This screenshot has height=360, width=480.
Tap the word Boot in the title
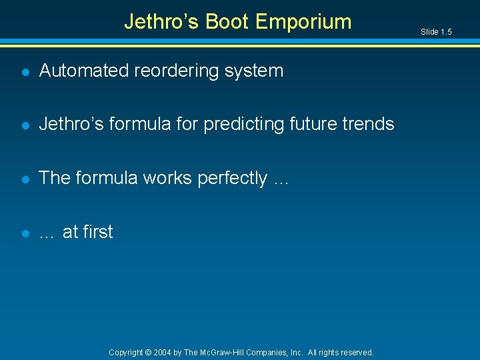pyautogui.click(x=227, y=22)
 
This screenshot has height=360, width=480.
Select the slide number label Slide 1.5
pyautogui.click(x=436, y=32)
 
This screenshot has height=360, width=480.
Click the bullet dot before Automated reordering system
pyautogui.click(x=25, y=71)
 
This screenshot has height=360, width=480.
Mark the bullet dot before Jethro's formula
pyautogui.click(x=25, y=125)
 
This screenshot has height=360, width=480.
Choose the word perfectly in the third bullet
pyautogui.click(x=233, y=178)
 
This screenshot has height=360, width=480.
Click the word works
pyautogui.click(x=167, y=178)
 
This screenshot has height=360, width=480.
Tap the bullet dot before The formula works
pyautogui.click(x=25, y=179)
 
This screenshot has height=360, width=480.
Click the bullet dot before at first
pyautogui.click(x=25, y=233)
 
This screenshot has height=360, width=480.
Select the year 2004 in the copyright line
pyautogui.click(x=163, y=352)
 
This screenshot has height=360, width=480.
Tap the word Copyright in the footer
pyautogui.click(x=126, y=352)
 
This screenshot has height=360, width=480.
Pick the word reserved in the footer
pyautogui.click(x=356, y=352)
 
